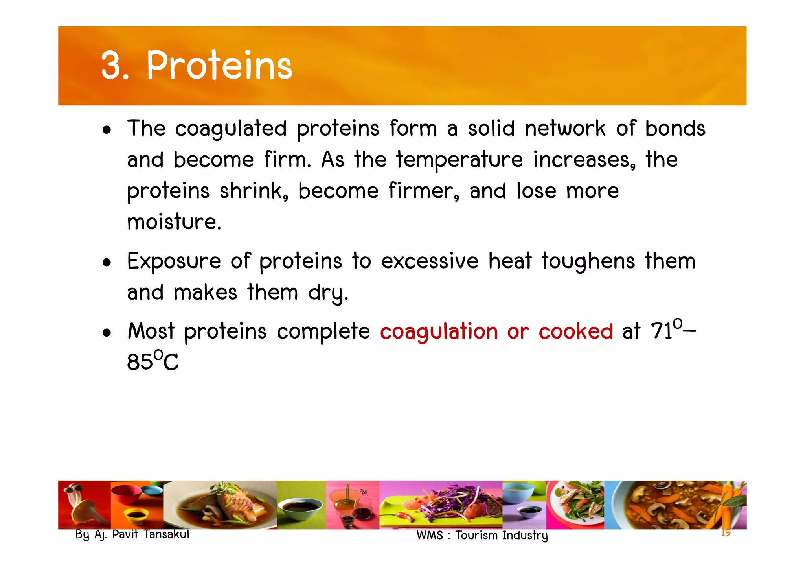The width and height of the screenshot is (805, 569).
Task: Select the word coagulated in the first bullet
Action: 231,129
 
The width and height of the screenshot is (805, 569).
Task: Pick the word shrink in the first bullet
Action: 251,191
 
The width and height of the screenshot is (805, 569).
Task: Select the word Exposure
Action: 174,262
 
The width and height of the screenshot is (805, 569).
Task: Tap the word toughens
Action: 588,261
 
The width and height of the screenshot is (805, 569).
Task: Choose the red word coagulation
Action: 439,331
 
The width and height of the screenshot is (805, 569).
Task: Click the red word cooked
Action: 575,331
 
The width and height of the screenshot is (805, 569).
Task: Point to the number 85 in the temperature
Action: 140,362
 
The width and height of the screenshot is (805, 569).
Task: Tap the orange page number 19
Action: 726,533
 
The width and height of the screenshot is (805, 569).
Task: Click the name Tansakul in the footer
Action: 166,534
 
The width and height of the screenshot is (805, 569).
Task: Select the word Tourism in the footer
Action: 477,536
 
